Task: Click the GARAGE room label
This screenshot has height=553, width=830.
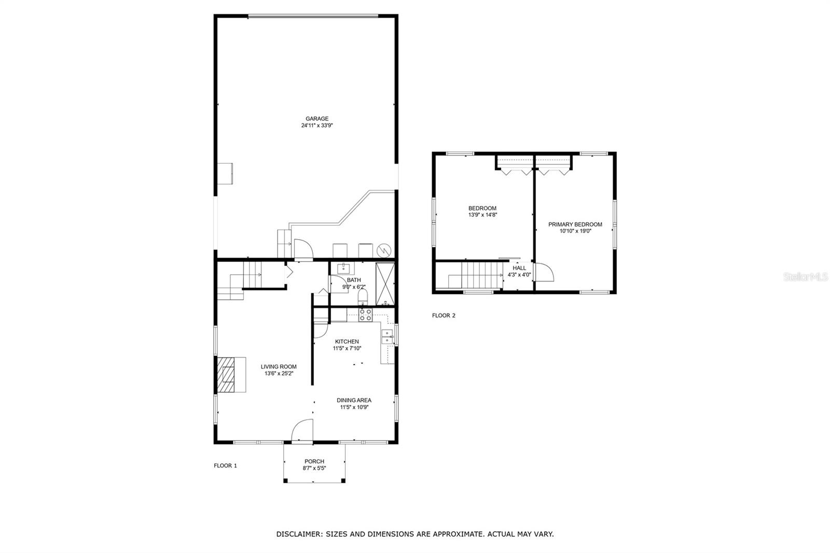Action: pos(316,119)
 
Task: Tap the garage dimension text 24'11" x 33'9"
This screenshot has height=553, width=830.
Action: pos(316,126)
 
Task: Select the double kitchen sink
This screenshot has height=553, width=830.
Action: pos(388,337)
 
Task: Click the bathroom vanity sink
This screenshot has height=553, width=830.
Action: pos(343,268)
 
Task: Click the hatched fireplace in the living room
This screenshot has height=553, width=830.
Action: pos(227,374)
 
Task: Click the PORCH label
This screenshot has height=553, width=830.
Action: pos(314,461)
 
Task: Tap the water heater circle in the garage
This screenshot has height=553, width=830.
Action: pos(384,250)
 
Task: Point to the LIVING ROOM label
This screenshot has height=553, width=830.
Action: pos(279,367)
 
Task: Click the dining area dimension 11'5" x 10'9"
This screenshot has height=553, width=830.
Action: pos(354,407)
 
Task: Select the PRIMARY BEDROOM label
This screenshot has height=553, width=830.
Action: pos(575,225)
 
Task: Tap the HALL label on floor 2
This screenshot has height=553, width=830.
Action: pos(519,268)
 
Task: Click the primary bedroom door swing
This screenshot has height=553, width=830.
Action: pos(544,272)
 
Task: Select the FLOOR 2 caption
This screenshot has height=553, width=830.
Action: pos(444,315)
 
